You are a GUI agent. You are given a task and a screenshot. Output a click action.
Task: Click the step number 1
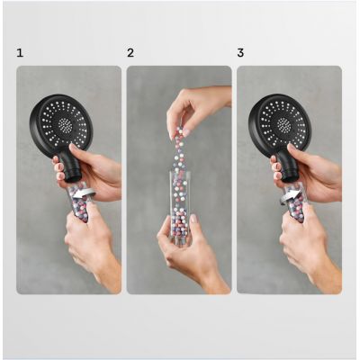point(20,53)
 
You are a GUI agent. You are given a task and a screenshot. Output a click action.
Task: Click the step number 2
point(130,53)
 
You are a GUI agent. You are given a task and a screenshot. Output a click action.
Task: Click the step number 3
point(240,53)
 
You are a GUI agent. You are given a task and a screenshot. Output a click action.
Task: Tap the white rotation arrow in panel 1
point(85,193)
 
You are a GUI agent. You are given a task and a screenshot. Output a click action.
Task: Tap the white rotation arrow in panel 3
point(291,196)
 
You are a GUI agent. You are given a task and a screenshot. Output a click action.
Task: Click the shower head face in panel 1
point(62,122)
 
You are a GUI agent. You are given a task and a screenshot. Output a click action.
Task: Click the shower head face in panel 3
point(281,122)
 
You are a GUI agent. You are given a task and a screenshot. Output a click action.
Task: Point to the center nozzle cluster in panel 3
point(283,123)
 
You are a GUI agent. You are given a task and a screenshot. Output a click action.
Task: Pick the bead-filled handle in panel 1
point(79,202)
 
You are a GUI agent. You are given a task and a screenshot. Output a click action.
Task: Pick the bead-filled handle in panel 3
point(295,202)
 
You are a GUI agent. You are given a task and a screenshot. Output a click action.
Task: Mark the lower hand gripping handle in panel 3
point(309,246)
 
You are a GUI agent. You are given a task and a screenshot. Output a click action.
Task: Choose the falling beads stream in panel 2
point(179,150)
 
